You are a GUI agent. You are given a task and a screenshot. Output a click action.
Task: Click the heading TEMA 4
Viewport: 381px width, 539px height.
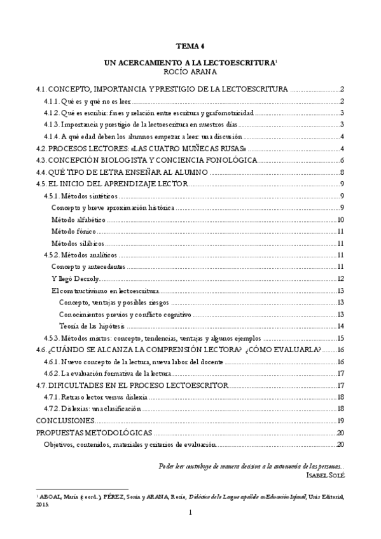[x=190, y=46]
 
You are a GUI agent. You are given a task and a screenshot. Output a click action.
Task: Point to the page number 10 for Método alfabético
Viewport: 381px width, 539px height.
[x=341, y=220]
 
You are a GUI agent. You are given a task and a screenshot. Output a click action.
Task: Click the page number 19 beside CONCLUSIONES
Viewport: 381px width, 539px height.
[x=341, y=421]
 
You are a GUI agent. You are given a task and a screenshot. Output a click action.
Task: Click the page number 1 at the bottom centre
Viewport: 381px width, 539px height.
[x=190, y=513]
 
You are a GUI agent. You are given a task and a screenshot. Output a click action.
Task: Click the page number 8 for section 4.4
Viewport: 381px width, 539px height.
[x=342, y=172]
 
